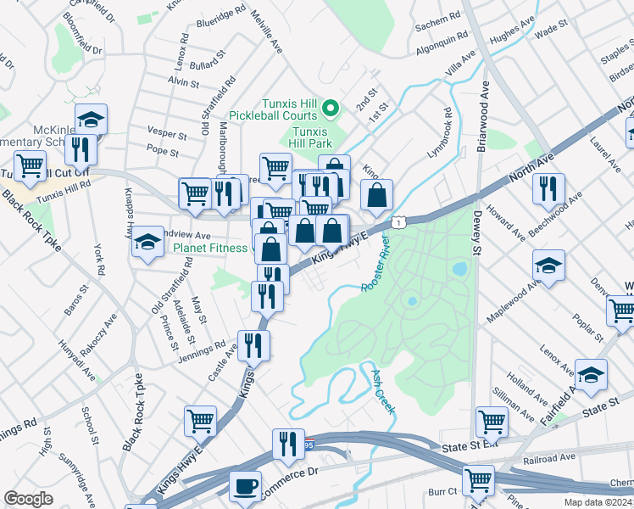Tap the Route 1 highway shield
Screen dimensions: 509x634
(x=398, y=221)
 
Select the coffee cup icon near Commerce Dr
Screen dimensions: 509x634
(x=246, y=488)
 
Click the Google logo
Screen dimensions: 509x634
(x=28, y=498)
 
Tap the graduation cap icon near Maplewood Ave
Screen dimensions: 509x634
(x=549, y=266)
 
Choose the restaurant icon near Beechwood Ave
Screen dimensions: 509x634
(x=549, y=188)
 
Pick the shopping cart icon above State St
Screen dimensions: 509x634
(x=492, y=421)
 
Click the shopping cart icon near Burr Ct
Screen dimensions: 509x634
(x=478, y=480)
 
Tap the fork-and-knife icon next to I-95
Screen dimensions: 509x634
(x=288, y=444)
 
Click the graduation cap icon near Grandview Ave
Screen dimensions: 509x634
(x=147, y=244)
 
